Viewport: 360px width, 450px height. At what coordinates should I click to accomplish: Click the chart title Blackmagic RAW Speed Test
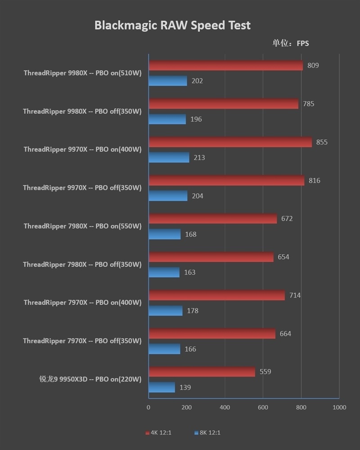coord(172,25)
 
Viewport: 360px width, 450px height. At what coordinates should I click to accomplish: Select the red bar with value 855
coord(230,142)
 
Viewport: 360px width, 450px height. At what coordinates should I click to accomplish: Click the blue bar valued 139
coord(162,387)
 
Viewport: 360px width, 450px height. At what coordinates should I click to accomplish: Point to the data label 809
coord(313,65)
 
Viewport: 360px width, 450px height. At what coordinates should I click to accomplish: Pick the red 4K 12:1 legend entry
coord(158,433)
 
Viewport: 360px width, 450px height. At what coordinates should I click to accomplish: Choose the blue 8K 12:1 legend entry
coord(207,433)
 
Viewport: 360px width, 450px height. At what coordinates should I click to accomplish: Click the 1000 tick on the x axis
coord(339,408)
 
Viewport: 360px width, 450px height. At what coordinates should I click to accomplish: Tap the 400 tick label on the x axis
coord(225,408)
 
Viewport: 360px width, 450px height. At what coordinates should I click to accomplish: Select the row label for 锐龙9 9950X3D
coord(90,379)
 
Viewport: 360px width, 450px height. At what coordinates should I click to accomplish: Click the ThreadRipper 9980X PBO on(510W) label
coord(82,73)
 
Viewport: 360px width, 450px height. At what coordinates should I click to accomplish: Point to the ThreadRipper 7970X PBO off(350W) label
coord(82,341)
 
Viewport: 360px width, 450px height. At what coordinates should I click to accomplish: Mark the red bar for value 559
coord(202,372)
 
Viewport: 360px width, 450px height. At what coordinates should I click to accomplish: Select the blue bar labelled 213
coord(169,158)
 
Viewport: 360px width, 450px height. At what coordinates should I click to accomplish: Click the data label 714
coord(295,295)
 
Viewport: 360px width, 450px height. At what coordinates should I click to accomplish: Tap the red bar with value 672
coord(212,219)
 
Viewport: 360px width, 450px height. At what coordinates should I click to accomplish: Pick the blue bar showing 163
coord(164,273)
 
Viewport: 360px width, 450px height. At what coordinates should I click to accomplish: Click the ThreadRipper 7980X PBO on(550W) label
coord(82,226)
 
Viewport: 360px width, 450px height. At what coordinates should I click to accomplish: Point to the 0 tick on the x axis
coord(148,408)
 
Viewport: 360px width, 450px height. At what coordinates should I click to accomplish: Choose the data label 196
coord(196,119)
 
